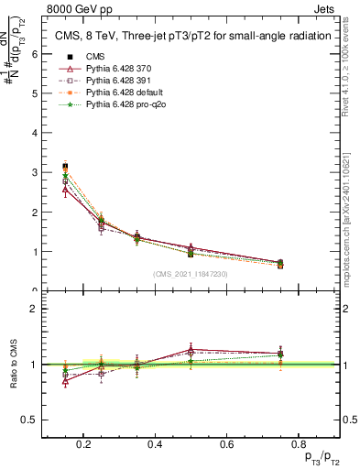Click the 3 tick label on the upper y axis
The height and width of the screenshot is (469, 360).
pos(34,172)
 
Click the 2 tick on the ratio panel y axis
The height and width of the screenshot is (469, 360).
pos(34,309)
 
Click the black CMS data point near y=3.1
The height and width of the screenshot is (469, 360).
pos(64,167)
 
